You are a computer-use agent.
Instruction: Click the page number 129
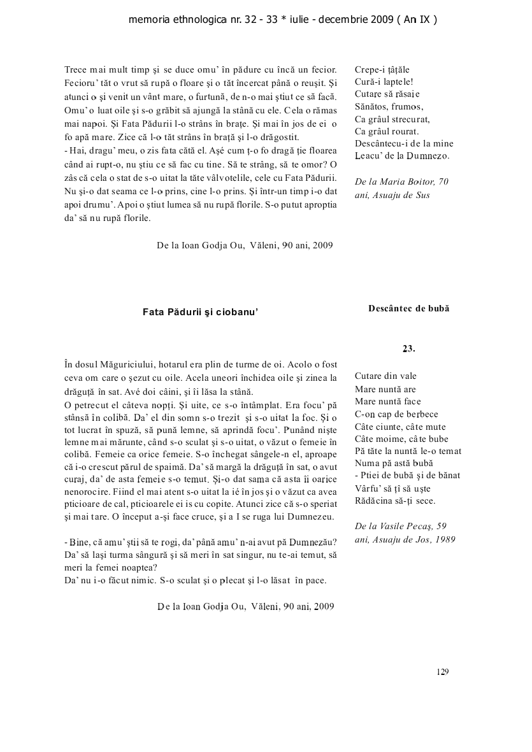pos(443,671)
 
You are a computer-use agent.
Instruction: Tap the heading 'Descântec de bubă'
pos(408,308)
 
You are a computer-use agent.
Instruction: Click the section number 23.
pos(408,348)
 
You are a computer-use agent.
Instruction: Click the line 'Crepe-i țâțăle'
pos(382,69)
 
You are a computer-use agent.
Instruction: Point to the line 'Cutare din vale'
pos(385,376)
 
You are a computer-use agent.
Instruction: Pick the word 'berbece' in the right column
pos(421,414)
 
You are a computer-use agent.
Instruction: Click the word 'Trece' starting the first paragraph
pos(76,69)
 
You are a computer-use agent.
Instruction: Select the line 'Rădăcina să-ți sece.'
pos(394,501)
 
